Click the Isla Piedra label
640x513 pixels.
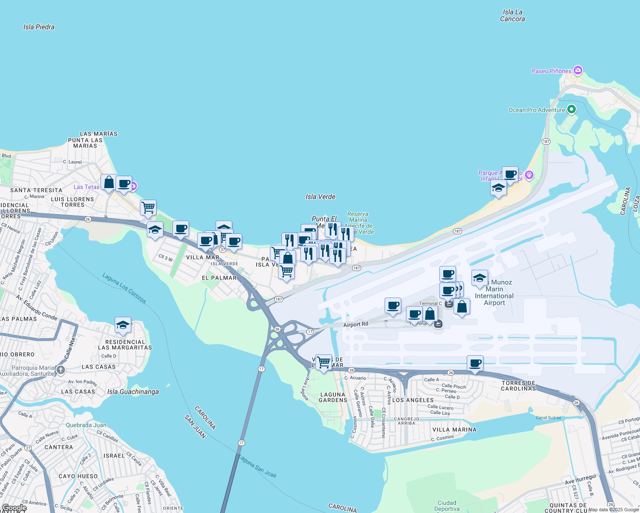[x=39, y=27]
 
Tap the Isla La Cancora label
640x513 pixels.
[x=512, y=16]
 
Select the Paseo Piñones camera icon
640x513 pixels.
[x=578, y=70]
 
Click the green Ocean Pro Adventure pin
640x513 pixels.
[x=571, y=109]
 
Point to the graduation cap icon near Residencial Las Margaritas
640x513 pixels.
[x=123, y=325]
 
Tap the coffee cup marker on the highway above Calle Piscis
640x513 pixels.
[x=475, y=364]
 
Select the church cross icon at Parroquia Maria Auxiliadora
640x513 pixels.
[x=61, y=370]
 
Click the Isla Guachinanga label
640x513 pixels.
[x=133, y=392]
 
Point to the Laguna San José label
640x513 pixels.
[x=257, y=466]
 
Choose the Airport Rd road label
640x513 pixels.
[x=356, y=324]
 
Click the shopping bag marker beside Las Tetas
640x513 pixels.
[x=109, y=183]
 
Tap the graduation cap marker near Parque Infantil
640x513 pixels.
[x=498, y=188]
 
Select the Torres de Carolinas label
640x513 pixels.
[x=519, y=386]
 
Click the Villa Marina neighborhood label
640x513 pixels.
[x=454, y=430]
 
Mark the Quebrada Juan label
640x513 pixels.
[x=86, y=425]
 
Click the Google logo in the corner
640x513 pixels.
[x=15, y=508]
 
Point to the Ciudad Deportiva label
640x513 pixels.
[x=447, y=506]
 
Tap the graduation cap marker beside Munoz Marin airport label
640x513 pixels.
[x=480, y=278]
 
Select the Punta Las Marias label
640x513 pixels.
[x=85, y=143]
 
